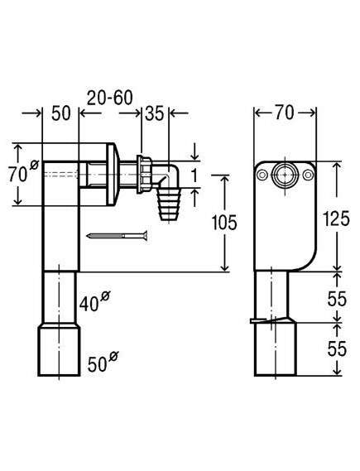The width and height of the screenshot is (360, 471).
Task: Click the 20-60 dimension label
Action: point(110,98)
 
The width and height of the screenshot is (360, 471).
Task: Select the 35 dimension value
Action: point(154,113)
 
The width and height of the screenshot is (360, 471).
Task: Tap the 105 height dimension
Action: point(224,223)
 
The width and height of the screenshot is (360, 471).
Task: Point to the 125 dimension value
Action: point(336,219)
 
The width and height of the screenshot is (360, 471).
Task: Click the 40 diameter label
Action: point(94,302)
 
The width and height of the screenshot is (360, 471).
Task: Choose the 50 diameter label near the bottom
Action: point(103,362)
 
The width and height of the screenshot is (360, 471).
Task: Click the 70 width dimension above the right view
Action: point(285,113)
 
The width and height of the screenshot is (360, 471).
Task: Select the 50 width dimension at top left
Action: point(61,113)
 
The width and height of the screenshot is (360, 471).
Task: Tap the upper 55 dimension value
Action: point(337,299)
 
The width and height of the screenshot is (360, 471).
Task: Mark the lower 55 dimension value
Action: point(337,348)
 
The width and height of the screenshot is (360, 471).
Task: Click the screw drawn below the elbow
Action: point(117,236)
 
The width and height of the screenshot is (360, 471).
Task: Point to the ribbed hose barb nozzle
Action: point(169,204)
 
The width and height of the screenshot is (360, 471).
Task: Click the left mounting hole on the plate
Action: point(262,175)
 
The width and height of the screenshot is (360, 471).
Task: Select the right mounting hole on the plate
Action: point(308,175)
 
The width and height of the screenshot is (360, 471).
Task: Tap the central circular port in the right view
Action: point(285,175)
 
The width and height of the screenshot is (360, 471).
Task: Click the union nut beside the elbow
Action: point(144,174)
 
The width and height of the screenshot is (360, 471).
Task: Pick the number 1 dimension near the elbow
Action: point(194,175)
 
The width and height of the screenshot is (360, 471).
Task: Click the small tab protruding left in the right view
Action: point(257,321)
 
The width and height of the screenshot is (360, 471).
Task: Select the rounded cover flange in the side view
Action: point(113,174)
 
